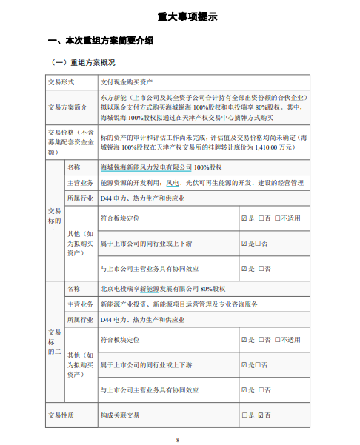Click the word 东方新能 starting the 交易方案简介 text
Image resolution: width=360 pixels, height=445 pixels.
click(112, 97)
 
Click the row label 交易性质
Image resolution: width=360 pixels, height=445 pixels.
click(61, 415)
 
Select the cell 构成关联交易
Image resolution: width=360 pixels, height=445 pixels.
click(119, 415)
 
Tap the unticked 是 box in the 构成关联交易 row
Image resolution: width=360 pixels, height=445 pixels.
click(244, 415)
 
